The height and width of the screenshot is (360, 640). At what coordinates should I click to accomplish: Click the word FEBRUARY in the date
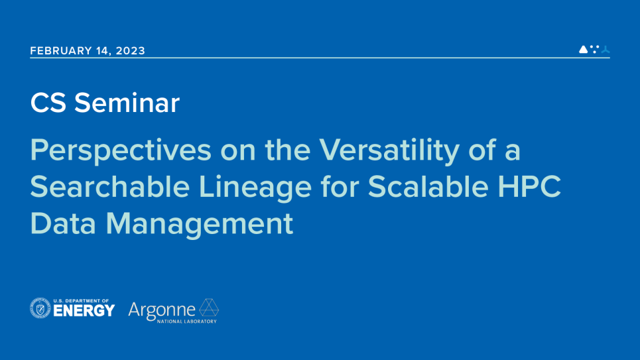tap(61, 50)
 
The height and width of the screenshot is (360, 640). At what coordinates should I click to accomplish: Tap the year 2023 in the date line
tap(131, 50)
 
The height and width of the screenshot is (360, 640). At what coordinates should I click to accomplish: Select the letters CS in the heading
tap(48, 103)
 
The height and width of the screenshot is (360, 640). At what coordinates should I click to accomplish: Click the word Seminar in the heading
tap(127, 103)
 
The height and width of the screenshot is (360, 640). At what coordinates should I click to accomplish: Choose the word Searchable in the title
tap(110, 187)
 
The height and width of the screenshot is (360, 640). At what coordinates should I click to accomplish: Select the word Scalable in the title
tap(428, 187)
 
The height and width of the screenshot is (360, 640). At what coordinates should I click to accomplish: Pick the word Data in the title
tap(63, 223)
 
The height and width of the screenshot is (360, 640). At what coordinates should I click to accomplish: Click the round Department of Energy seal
tap(40, 308)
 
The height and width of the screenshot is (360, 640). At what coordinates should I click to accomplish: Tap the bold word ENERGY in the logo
tap(84, 311)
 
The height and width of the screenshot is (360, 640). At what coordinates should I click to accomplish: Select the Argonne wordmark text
tap(162, 311)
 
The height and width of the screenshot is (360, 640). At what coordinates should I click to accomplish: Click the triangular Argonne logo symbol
tap(209, 308)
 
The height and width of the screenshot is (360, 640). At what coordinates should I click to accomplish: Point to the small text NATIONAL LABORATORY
tap(187, 322)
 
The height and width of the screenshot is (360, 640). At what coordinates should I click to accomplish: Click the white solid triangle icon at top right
tap(584, 49)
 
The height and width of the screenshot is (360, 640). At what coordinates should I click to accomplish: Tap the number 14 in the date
tap(103, 50)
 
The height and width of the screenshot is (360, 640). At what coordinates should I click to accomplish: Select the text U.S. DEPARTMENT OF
tap(81, 301)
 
